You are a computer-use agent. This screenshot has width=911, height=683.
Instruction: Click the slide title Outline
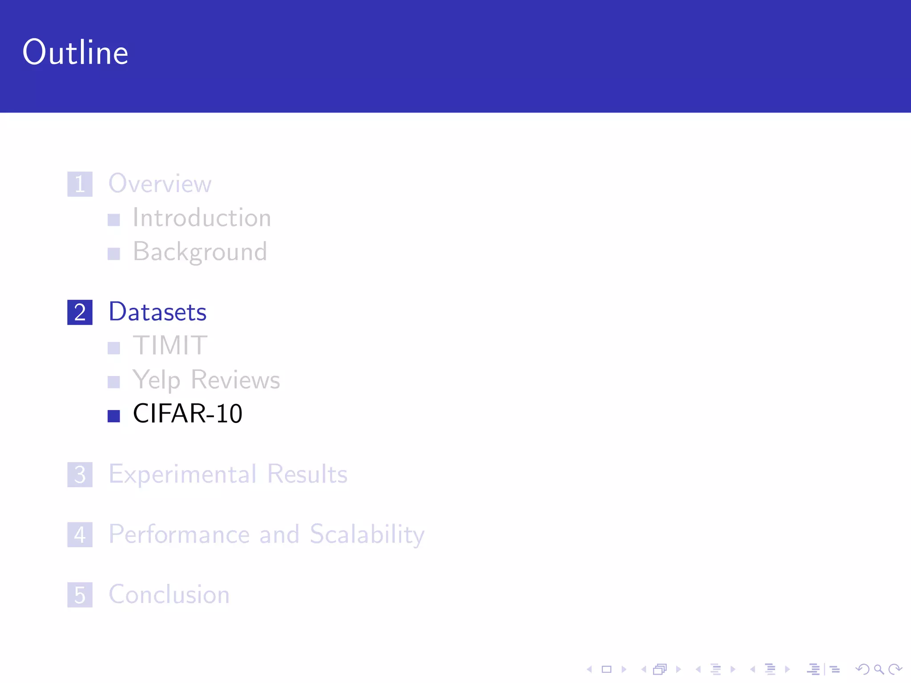[x=76, y=52]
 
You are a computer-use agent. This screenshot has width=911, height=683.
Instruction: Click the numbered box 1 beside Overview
[x=80, y=184]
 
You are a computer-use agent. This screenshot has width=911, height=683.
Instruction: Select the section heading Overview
[x=160, y=183]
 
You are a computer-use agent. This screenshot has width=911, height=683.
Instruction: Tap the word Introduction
[x=202, y=218]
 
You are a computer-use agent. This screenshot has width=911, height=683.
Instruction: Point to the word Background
[x=200, y=252]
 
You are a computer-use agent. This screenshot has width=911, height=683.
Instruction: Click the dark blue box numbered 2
[x=80, y=312]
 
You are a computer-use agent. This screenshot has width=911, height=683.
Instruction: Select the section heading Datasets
[x=158, y=312]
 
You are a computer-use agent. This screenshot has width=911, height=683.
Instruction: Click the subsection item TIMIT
[x=170, y=346]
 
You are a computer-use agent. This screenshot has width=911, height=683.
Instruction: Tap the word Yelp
[x=157, y=380]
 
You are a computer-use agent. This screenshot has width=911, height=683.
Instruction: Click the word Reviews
[x=235, y=380]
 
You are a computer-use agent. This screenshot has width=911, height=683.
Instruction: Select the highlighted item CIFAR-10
[x=188, y=414]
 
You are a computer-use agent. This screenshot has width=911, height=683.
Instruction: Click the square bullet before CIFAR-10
[x=114, y=416]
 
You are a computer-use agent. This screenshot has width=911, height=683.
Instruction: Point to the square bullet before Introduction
[x=114, y=220]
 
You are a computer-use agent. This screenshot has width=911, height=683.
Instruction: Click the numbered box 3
[x=80, y=474]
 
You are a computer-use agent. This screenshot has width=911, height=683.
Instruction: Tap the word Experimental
[x=183, y=474]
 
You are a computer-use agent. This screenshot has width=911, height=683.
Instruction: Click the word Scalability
[x=367, y=534]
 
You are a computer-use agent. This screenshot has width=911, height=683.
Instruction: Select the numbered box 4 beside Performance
[x=80, y=534]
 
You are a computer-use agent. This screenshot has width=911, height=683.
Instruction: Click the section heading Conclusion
[x=169, y=595]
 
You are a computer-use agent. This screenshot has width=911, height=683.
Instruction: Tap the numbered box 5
[x=80, y=595]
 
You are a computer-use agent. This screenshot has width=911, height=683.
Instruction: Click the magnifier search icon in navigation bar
[x=879, y=669]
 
